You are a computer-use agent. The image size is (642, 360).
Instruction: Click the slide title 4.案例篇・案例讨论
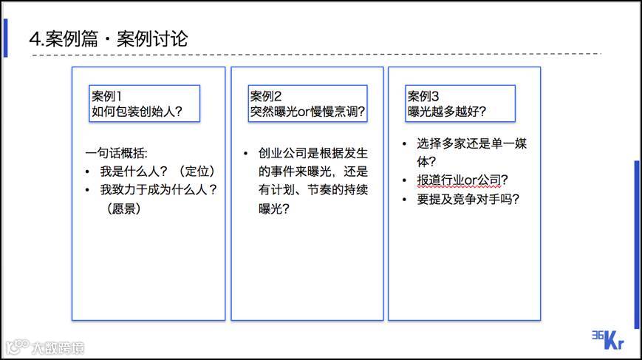pos(108,38)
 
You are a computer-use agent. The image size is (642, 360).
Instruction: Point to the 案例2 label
pos(266,96)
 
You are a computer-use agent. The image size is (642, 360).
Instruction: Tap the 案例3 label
pos(423,96)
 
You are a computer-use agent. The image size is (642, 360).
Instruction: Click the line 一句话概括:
pos(116,153)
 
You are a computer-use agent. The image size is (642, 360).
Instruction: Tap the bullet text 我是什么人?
pos(129,171)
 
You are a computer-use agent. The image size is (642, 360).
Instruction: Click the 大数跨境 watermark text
pos(58,346)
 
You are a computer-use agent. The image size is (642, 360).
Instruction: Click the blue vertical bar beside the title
pos(6,38)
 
